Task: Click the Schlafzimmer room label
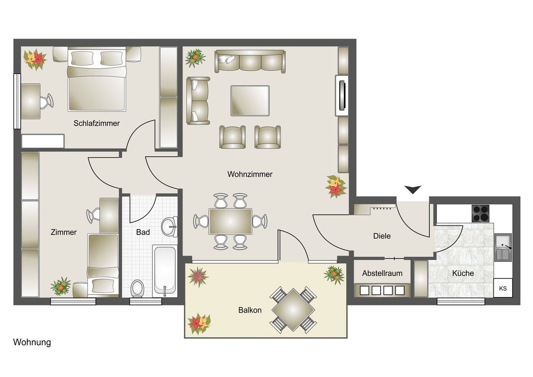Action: (x=96, y=123)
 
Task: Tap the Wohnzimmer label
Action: (x=250, y=174)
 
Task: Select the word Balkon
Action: (x=250, y=310)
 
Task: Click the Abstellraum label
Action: (x=382, y=273)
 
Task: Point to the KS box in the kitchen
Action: (x=503, y=288)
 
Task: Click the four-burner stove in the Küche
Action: (x=481, y=213)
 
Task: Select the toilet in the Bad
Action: (x=137, y=289)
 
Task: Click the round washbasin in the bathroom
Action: (x=169, y=227)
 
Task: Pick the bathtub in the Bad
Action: (x=165, y=271)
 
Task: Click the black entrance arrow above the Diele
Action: (x=413, y=190)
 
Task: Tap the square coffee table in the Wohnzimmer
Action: (x=250, y=101)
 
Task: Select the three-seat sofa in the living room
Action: (x=250, y=61)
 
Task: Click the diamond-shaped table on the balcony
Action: (x=293, y=310)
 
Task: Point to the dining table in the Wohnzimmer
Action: (x=230, y=221)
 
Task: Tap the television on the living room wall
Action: (x=342, y=96)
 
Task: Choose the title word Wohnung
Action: (x=32, y=342)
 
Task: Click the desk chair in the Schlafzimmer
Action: (x=46, y=101)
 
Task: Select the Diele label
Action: (x=382, y=236)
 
